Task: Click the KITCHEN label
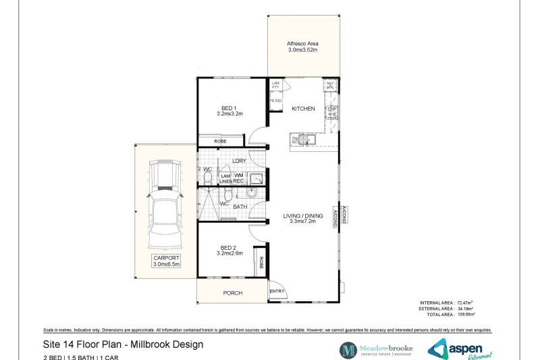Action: pos(303,109)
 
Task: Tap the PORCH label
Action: pos(232,293)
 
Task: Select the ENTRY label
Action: pos(277,292)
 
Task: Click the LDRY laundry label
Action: pos(238,161)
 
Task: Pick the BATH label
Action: pos(240,207)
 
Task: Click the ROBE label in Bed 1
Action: pos(220,141)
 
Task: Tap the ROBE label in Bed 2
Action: pos(258,259)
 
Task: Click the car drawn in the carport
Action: pos(164,203)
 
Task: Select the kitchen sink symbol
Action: pos(303,140)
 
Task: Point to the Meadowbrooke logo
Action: pos(377,349)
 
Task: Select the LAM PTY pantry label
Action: pos(275,86)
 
